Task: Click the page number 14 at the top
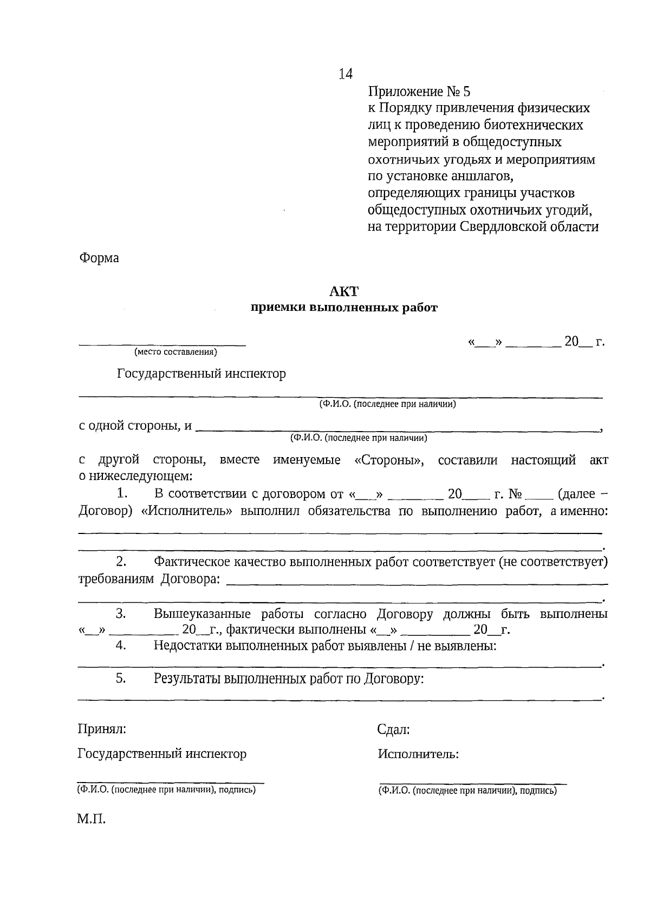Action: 346,74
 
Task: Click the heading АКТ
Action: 343,291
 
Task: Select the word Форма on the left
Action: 99,258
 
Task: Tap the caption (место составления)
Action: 175,352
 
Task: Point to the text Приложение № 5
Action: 419,90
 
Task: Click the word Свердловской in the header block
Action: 510,226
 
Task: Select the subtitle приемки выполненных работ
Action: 343,308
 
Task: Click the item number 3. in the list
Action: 120,614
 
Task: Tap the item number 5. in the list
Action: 120,678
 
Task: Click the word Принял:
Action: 102,729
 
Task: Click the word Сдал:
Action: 393,729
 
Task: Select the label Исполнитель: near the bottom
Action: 418,754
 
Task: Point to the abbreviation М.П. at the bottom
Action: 91,819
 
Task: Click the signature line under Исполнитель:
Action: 472,783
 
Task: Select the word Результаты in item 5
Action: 187,678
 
